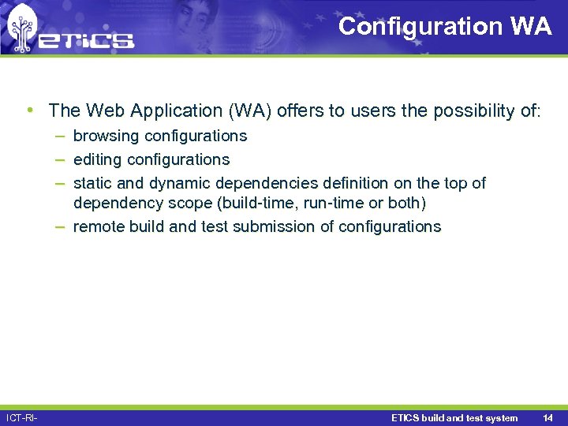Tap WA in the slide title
tap(531, 26)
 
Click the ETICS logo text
tap(87, 40)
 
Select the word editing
tap(98, 159)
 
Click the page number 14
tap(547, 418)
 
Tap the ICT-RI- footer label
tap(22, 418)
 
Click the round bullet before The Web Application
tap(29, 110)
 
